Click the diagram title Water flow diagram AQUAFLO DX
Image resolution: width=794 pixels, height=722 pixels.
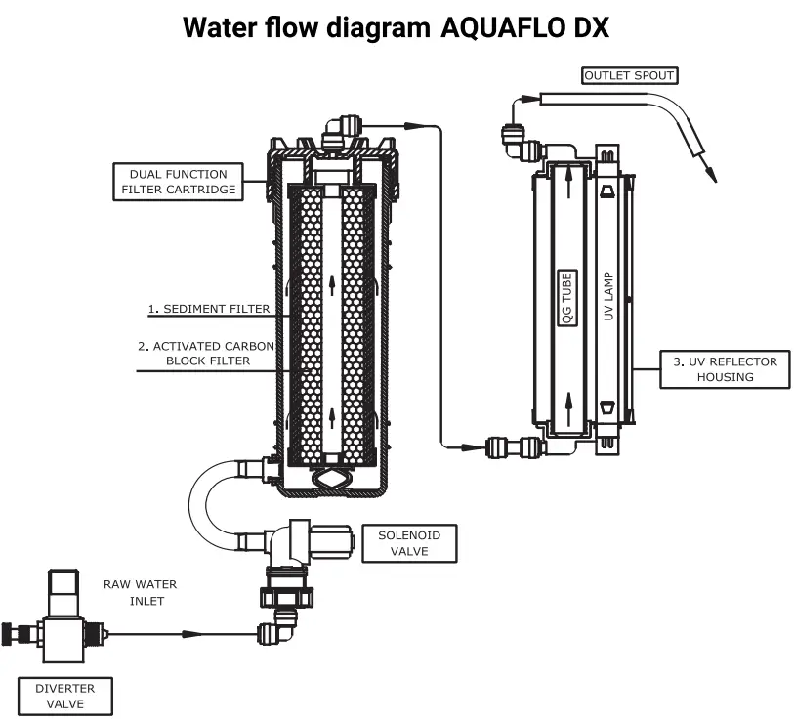[397, 27]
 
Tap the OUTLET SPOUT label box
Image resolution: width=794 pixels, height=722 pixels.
[629, 75]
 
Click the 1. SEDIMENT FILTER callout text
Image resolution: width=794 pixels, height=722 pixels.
[208, 309]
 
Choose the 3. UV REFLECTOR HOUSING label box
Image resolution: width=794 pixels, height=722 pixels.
[725, 368]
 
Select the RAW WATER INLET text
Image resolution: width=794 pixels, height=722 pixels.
[141, 592]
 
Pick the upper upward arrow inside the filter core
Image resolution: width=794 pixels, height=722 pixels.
[333, 284]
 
